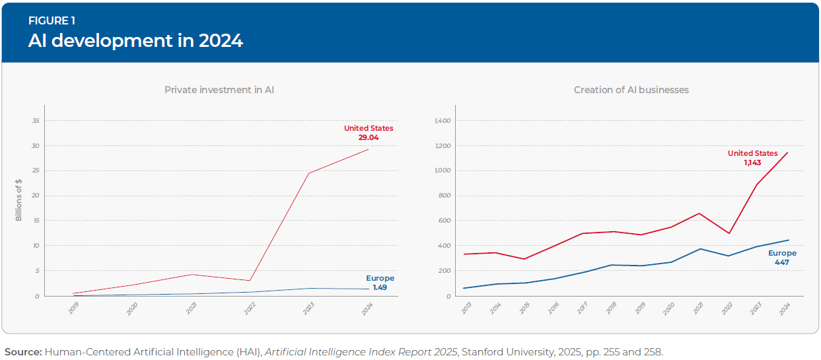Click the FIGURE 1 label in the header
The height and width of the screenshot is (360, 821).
[51, 21]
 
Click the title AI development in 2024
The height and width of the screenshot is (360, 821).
[135, 41]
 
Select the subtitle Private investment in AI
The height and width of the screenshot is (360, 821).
[219, 90]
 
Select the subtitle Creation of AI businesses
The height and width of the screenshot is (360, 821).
[631, 90]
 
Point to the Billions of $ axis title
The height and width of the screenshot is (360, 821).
[19, 200]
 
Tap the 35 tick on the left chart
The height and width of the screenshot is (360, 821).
[36, 121]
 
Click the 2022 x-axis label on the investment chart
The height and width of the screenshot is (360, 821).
[250, 308]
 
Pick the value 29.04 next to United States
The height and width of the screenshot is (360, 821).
[368, 137]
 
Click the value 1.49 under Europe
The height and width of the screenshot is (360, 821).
[379, 287]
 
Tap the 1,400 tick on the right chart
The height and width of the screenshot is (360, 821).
[443, 121]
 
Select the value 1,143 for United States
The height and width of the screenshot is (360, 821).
[753, 162]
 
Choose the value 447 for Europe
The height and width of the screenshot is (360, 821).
[782, 262]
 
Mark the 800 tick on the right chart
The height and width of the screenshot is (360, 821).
[445, 196]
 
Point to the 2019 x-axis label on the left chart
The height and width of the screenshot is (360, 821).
[73, 308]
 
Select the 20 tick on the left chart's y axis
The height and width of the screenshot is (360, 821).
[36, 196]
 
